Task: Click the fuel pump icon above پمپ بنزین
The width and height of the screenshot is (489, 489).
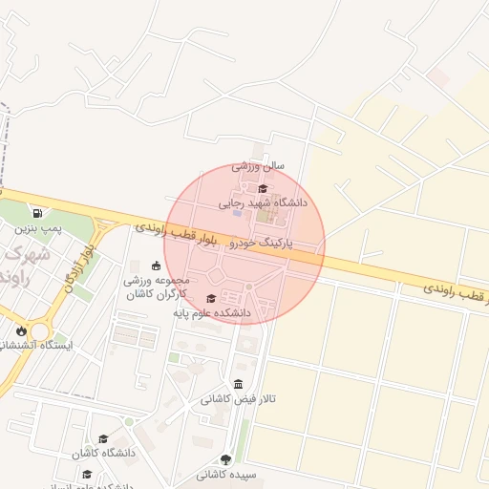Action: point(37,213)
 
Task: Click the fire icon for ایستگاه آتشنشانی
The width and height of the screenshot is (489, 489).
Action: point(21,330)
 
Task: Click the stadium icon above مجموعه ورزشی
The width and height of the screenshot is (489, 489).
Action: point(157,266)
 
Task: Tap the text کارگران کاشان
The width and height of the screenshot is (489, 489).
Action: point(158,295)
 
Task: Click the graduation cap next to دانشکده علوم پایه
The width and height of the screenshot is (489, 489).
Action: point(211,298)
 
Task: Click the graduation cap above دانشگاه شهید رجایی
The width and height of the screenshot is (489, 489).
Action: point(264,188)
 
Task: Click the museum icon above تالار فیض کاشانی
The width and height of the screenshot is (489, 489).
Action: point(238,384)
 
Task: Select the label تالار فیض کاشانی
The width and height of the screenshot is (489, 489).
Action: point(238,399)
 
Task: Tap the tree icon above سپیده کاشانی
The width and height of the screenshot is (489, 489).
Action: point(225,459)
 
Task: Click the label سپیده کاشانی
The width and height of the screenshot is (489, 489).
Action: point(225,475)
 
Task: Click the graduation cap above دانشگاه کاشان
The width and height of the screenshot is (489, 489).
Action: point(103,438)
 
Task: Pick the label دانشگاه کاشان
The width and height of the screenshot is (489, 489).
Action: point(103,453)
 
